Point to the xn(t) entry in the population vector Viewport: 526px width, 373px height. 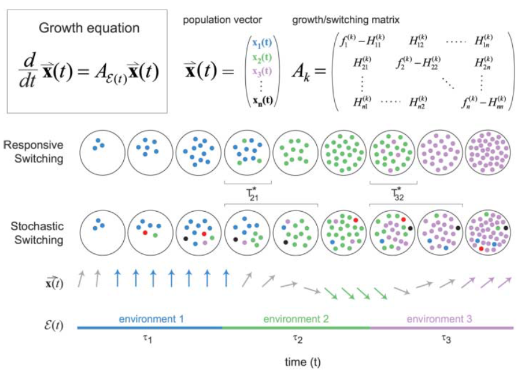[261, 100]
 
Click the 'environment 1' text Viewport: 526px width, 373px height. [151, 318]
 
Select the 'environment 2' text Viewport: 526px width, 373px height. [296, 318]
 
